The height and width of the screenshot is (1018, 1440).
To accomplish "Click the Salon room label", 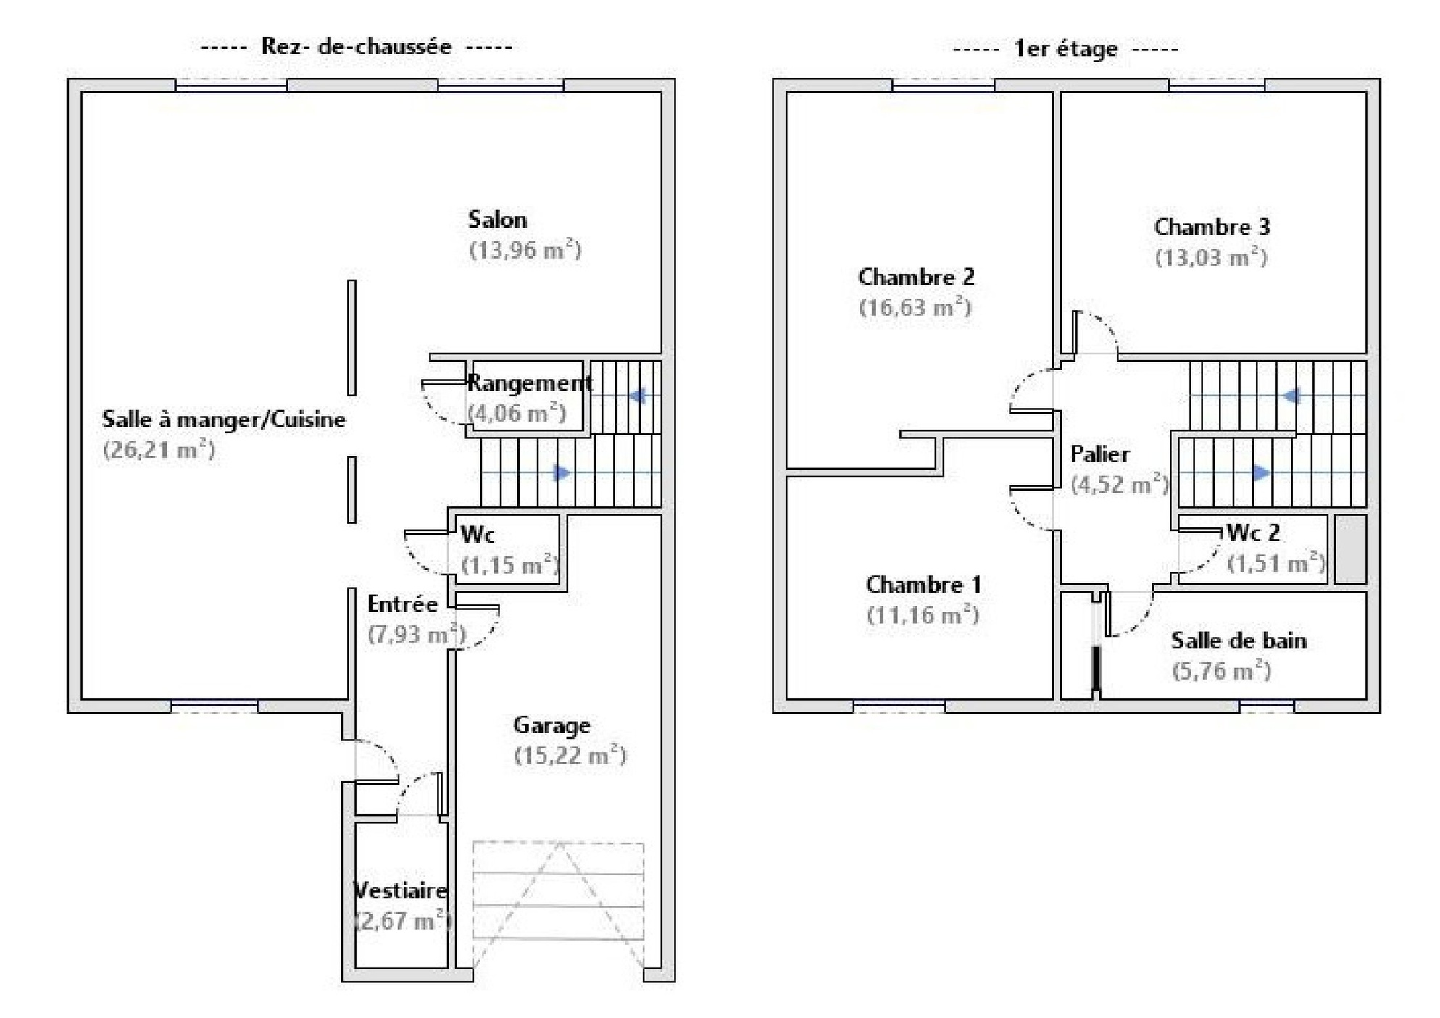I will [497, 220].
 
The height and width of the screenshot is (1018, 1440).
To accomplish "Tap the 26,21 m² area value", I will [159, 450].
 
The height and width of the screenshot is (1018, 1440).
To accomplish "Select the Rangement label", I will [529, 383].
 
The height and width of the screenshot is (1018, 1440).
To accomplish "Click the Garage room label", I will [552, 725].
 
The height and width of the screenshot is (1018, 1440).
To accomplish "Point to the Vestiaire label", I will [400, 890].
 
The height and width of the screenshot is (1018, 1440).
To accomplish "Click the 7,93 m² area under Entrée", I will [416, 635].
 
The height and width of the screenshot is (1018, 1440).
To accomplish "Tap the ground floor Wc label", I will [478, 535].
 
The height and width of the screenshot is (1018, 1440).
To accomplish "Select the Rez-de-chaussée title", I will [356, 47].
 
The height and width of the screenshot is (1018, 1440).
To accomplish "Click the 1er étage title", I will [1065, 49].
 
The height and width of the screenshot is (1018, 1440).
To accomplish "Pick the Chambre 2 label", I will [916, 277].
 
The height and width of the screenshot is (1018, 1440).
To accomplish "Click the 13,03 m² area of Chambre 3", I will [1211, 258].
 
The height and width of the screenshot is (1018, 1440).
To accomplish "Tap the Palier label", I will [1099, 454].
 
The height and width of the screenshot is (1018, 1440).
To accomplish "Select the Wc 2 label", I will [1253, 533].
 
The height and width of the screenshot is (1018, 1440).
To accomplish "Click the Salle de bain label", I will [1239, 641].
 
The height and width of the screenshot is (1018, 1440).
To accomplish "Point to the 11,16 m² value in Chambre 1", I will [923, 616].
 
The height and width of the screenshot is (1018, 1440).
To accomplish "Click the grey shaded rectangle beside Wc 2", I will [1350, 548].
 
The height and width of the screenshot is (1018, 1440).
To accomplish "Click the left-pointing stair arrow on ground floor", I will [637, 396].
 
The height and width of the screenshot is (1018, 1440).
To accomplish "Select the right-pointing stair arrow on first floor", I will [1261, 473].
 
